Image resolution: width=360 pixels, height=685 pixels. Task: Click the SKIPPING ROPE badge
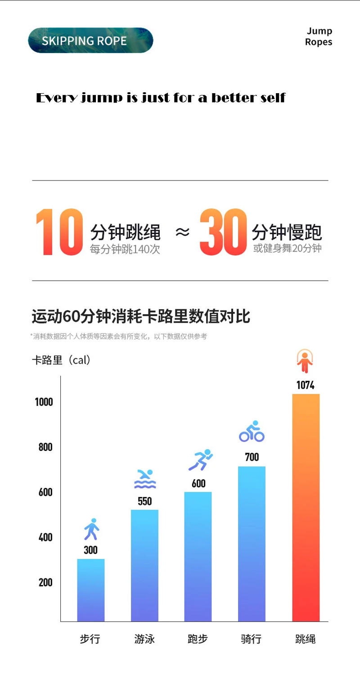click(90, 41)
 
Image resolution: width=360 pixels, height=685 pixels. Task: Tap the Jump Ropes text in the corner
click(319, 36)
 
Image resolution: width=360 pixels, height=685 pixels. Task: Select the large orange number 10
click(59, 232)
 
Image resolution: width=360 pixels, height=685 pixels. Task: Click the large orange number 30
click(223, 232)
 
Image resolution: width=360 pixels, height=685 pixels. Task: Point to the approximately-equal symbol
click(182, 232)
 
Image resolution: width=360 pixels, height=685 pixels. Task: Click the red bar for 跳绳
click(306, 508)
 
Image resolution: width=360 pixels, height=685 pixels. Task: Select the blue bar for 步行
click(91, 590)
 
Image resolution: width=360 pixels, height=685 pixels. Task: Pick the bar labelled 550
click(144, 565)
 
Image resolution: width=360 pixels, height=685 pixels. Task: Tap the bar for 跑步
click(198, 556)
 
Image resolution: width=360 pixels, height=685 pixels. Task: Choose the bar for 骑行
click(252, 544)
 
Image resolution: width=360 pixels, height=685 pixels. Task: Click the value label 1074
click(305, 385)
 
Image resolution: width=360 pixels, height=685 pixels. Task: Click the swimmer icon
click(145, 479)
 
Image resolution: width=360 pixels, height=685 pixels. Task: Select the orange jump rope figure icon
click(305, 361)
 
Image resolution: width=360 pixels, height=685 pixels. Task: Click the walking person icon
click(91, 529)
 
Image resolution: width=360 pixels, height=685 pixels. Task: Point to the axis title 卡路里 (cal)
click(62, 361)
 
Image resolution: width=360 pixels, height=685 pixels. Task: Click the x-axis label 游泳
click(144, 639)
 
